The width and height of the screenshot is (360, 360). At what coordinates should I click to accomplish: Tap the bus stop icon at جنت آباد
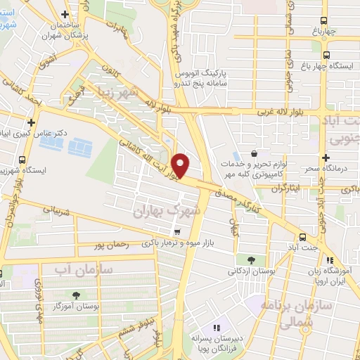click(302, 237)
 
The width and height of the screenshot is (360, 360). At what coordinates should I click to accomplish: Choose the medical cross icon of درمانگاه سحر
click(326, 157)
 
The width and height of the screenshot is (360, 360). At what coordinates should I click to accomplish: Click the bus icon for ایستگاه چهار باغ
click(326, 54)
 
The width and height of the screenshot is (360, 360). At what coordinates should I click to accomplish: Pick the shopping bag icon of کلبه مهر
click(254, 153)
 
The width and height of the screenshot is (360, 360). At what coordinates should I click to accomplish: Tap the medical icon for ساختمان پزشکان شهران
click(65, 14)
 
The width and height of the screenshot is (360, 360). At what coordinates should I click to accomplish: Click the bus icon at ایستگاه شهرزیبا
click(22, 160)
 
